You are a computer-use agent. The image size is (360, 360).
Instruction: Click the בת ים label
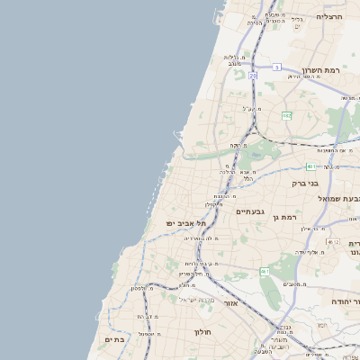(x=115, y=339)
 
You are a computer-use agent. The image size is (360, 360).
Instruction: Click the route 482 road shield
(x=286, y=115)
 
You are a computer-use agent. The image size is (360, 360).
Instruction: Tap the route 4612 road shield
(x=333, y=242)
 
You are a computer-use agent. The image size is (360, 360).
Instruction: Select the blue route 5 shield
(x=277, y=67)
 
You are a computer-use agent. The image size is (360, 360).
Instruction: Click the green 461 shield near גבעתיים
(x=265, y=271)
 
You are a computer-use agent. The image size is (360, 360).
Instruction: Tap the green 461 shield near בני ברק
(x=310, y=166)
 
